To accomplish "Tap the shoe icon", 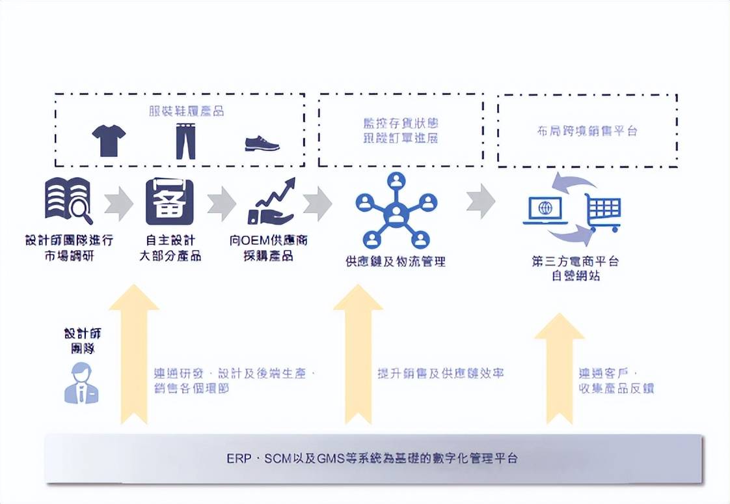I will click(x=262, y=143).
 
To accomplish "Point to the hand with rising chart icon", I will click(x=271, y=201).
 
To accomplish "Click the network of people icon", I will click(x=396, y=210).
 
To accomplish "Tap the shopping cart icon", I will click(x=602, y=212).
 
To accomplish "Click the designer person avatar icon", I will click(x=82, y=384).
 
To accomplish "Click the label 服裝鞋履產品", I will click(x=186, y=111).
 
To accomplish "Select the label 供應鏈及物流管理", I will click(x=396, y=262).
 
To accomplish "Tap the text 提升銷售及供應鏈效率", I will click(x=440, y=374).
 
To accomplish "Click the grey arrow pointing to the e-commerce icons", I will click(x=480, y=201).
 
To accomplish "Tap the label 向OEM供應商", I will click(x=269, y=240).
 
